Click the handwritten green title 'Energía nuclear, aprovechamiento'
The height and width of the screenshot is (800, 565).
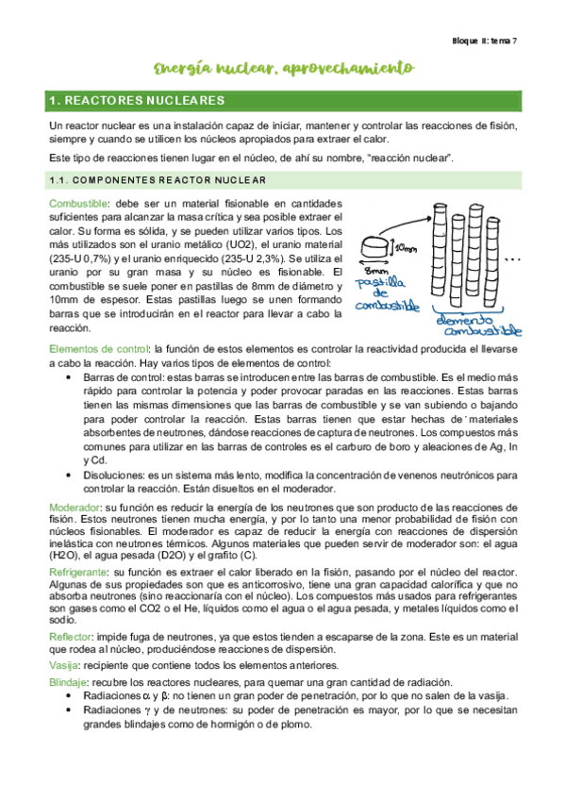pyautogui.click(x=283, y=68)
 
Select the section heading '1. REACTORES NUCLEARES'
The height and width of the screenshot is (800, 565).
pyautogui.click(x=137, y=100)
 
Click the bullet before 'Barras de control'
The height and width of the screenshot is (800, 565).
pyautogui.click(x=73, y=375)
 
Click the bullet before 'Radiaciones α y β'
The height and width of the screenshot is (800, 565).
pyautogui.click(x=73, y=696)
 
